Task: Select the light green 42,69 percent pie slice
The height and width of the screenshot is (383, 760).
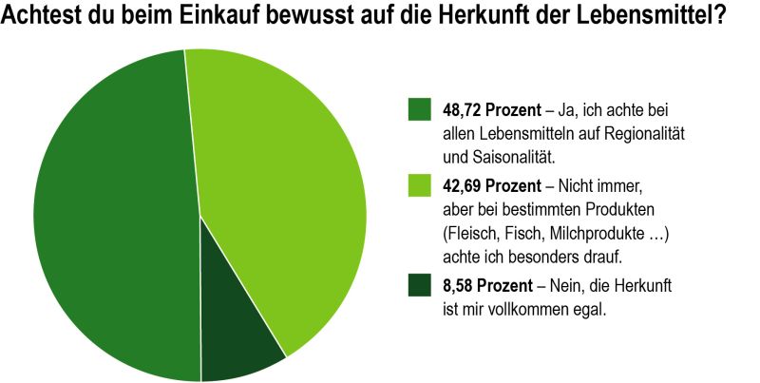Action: click(285, 190)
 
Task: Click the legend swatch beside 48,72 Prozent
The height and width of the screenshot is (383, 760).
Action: click(420, 109)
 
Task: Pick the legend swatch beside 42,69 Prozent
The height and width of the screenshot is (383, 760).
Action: click(420, 185)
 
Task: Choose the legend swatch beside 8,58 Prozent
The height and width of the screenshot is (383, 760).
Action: click(420, 284)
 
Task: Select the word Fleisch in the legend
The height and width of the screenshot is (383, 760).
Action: click(472, 233)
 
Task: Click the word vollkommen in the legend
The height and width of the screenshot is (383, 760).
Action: click(530, 309)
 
